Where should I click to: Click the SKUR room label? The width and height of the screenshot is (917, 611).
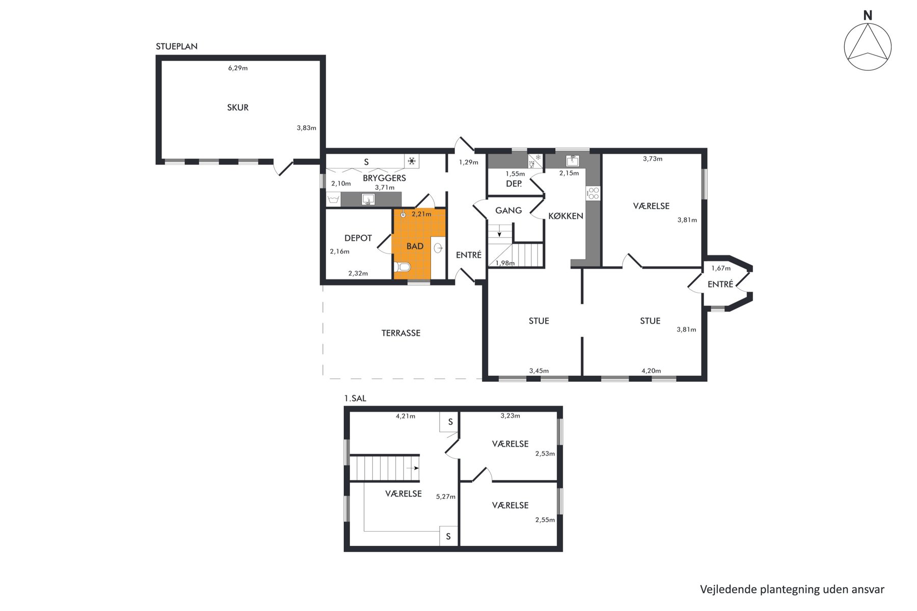coord(238,107)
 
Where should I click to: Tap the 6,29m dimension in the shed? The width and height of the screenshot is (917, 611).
coord(238,68)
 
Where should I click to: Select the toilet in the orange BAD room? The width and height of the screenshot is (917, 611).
coord(402,267)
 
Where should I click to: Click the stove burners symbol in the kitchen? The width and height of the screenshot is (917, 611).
coord(593,193)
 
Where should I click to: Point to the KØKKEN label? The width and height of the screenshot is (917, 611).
coord(565,216)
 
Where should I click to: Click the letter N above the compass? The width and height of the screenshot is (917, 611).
coord(868,16)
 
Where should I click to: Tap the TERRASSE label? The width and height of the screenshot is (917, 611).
coord(401,333)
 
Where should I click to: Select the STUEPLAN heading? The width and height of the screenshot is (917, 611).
coord(176,46)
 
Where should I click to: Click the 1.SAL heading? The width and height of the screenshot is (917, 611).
coord(355,398)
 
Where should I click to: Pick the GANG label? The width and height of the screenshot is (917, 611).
coord(508,210)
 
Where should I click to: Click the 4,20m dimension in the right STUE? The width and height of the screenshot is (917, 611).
coord(651,371)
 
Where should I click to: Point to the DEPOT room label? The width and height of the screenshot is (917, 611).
coord(358,238)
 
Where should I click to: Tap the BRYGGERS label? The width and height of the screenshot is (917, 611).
coord(384,178)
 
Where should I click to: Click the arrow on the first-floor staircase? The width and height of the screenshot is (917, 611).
coord(413,468)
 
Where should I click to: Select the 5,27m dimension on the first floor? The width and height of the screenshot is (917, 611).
coord(446,496)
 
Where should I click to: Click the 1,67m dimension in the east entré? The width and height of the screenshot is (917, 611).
coord(721,268)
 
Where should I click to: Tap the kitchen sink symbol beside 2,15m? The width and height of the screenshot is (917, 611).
coord(573,161)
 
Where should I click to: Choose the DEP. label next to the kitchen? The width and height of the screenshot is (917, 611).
coord(514,184)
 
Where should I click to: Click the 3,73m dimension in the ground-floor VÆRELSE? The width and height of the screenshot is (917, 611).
coord(653,159)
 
